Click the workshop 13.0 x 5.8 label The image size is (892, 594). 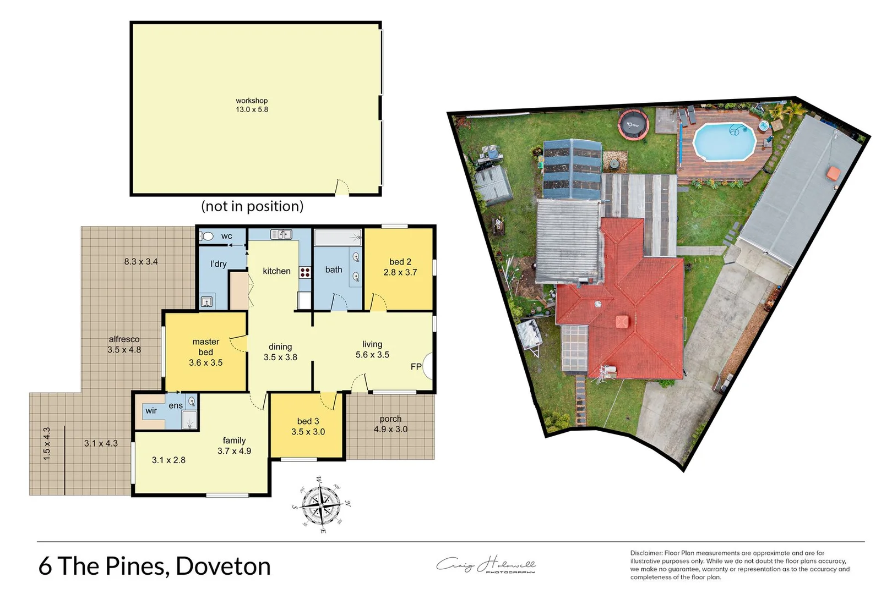pyautogui.click(x=252, y=105)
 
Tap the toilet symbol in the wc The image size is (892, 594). pyautogui.click(x=207, y=236)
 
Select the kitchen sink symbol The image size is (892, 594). pyautogui.click(x=281, y=235)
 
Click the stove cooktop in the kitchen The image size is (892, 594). pyautogui.click(x=305, y=272)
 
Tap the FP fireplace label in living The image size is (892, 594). pyautogui.click(x=416, y=367)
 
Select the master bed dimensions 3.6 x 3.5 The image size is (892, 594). pyautogui.click(x=205, y=363)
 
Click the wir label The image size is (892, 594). pyautogui.click(x=151, y=411)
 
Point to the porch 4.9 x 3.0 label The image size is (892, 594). pyautogui.click(x=390, y=424)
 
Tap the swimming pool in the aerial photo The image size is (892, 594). pyautogui.click(x=724, y=141)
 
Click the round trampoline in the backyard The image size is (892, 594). pyautogui.click(x=633, y=124)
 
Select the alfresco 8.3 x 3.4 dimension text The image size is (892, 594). pyautogui.click(x=141, y=262)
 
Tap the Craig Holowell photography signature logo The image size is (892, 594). pyautogui.click(x=486, y=565)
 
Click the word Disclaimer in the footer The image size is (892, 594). pyautogui.click(x=646, y=553)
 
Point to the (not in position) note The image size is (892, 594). pyautogui.click(x=252, y=206)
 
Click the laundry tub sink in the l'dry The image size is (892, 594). pyautogui.click(x=206, y=301)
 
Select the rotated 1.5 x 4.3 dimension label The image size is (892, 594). pyautogui.click(x=47, y=444)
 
